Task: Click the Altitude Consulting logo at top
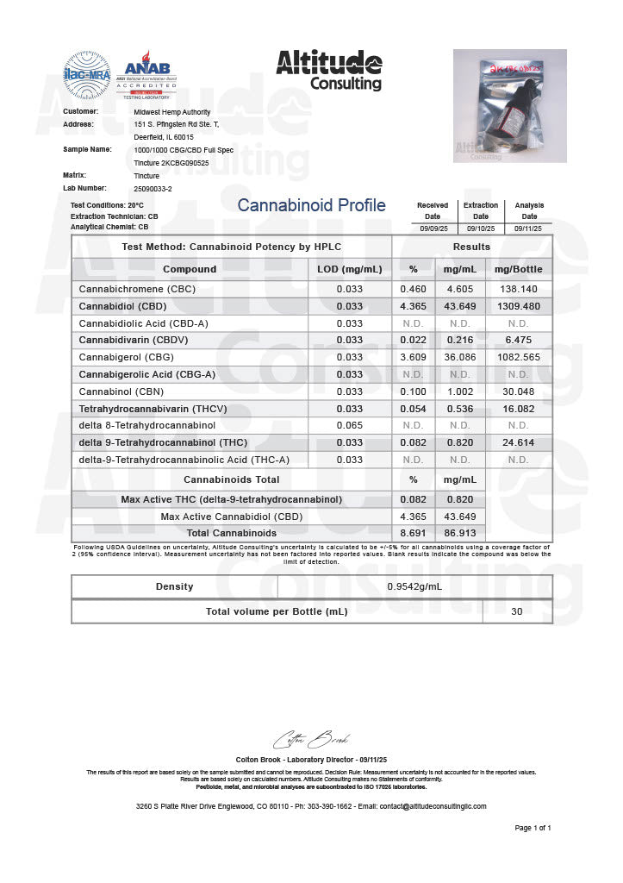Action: tap(328, 70)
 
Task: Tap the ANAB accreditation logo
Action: tap(147, 74)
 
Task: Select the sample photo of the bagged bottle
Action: tap(509, 106)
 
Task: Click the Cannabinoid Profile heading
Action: tap(311, 205)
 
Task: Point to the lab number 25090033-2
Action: tap(153, 187)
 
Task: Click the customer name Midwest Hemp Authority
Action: tap(172, 112)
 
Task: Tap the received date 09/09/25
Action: tap(433, 228)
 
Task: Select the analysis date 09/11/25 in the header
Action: tap(529, 228)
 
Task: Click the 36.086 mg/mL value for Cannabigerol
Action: tap(459, 357)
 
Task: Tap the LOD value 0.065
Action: tap(349, 425)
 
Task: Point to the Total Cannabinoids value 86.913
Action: tap(459, 533)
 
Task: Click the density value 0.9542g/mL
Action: tap(414, 586)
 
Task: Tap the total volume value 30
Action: tap(517, 611)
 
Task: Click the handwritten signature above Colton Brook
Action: tap(311, 740)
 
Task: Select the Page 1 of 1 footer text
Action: tap(533, 828)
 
